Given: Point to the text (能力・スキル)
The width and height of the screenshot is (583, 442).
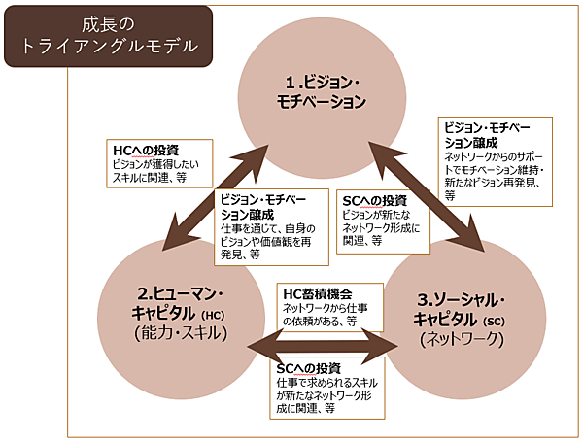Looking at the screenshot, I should pyautogui.click(x=183, y=333).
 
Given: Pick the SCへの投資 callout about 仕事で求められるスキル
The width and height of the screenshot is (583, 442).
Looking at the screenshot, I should pyautogui.click(x=325, y=389).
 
